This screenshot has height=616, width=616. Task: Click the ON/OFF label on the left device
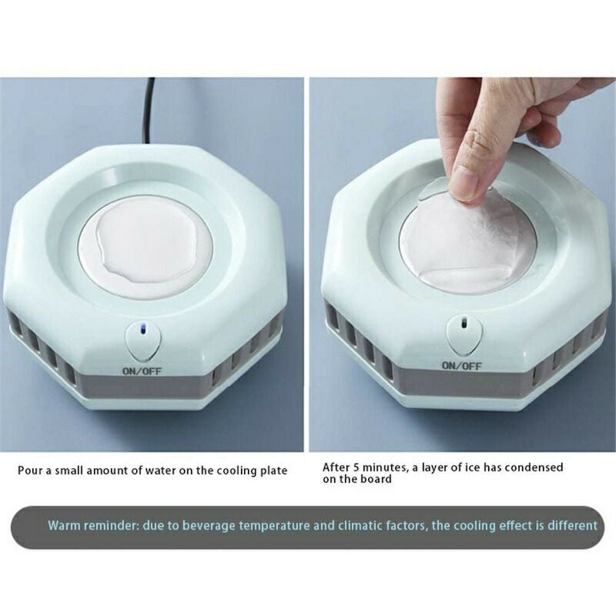[x=142, y=370]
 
